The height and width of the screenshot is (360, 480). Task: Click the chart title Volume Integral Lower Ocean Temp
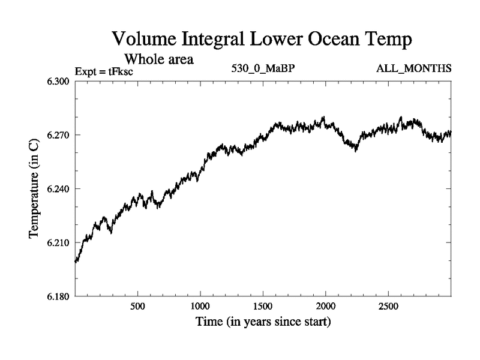pyautogui.click(x=263, y=40)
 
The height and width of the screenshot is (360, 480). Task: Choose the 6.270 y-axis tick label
pyautogui.click(x=58, y=134)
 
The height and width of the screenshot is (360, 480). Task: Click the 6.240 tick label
pyautogui.click(x=58, y=188)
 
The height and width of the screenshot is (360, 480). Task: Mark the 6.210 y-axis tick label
pyautogui.click(x=58, y=242)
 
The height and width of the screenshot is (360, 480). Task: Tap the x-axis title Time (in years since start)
pyautogui.click(x=263, y=322)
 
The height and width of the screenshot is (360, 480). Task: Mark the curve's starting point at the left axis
pyautogui.click(x=76, y=262)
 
